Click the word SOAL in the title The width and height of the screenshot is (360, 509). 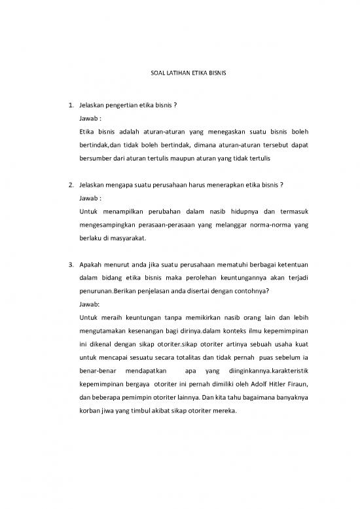[148, 71]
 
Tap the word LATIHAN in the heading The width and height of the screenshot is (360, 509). [167, 71]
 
